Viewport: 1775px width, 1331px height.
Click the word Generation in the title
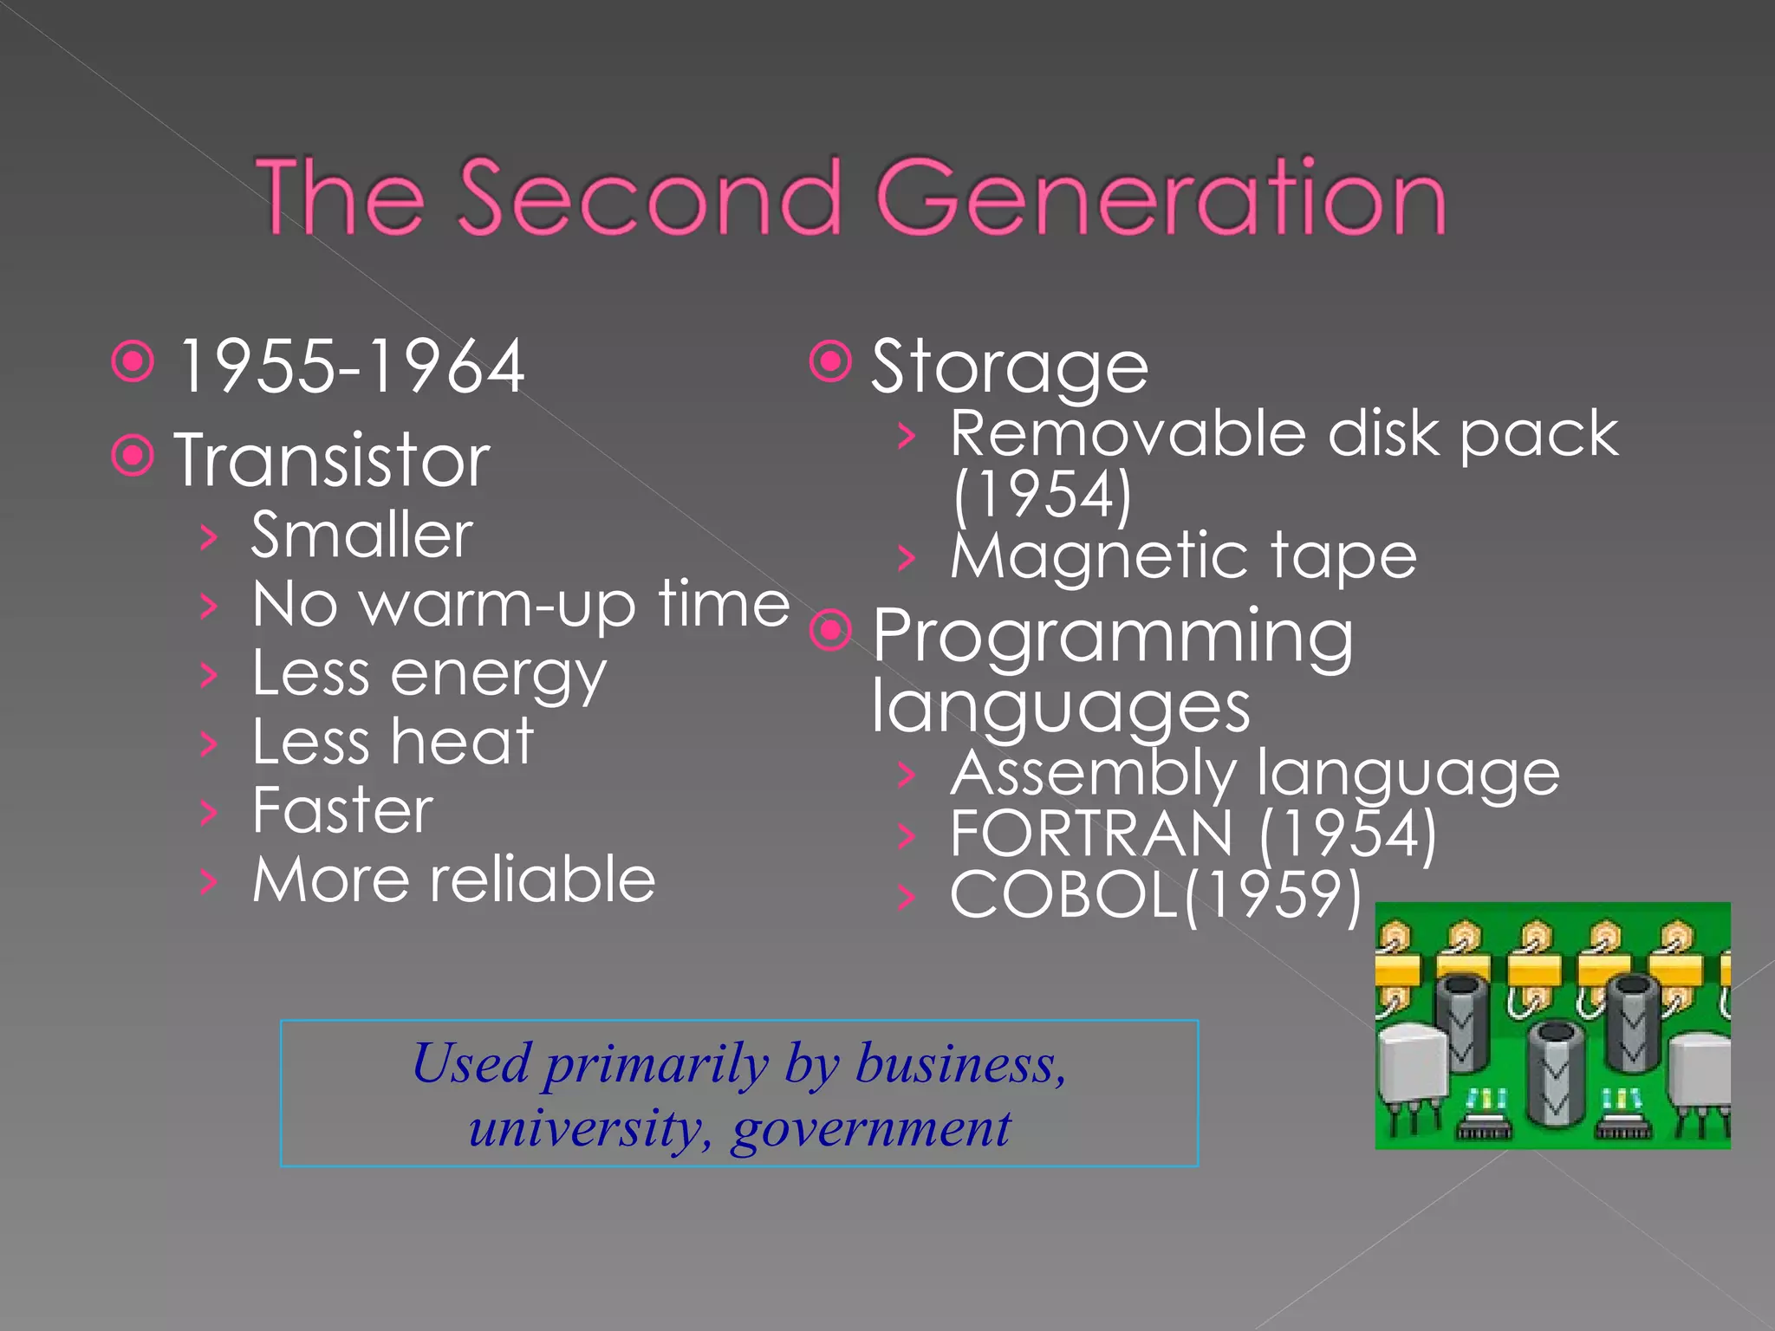tap(1161, 197)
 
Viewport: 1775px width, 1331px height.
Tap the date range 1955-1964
tap(351, 367)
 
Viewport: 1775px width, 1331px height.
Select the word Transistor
tap(332, 460)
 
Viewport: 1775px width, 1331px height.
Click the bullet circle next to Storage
tap(830, 361)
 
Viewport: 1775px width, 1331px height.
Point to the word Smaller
tap(362, 535)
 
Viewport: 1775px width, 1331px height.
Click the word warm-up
tap(497, 605)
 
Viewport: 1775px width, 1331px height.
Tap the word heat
tap(461, 743)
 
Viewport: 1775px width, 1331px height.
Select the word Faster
tap(342, 811)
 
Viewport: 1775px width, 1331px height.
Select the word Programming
tap(1112, 637)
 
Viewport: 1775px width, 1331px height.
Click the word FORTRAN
tap(1091, 833)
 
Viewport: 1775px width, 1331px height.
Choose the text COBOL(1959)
tap(1155, 894)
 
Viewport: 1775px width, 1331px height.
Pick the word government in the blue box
tap(870, 1128)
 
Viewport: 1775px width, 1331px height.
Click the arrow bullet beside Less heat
tap(208, 743)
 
